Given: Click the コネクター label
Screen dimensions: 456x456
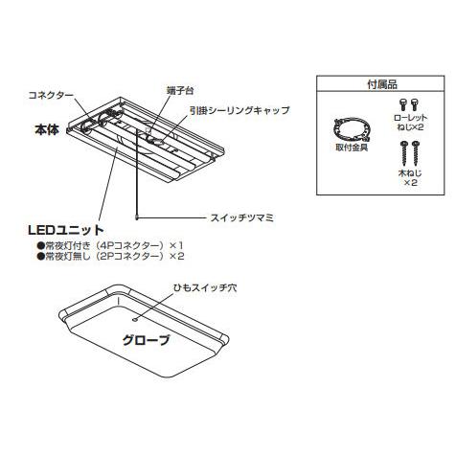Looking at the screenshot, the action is [51, 95].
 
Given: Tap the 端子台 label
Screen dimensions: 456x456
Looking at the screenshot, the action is [180, 91].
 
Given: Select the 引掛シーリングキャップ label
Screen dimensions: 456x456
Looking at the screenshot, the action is [239, 110].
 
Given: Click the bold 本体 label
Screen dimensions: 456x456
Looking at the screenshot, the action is [47, 130].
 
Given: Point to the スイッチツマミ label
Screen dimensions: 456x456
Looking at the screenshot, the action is [242, 218].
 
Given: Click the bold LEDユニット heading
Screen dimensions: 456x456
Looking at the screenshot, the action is [66, 230].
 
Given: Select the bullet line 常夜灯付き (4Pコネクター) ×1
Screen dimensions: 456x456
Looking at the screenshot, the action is [110, 246].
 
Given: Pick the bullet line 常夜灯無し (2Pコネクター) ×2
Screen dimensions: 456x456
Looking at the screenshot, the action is [110, 257].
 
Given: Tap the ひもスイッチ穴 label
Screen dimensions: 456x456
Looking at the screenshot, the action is [205, 288].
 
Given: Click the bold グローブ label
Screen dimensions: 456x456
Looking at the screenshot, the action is [146, 340].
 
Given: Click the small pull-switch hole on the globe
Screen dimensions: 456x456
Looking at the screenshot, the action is [135, 319].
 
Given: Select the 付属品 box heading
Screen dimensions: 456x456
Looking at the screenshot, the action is [382, 84].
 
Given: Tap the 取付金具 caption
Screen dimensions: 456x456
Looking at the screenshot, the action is [352, 148].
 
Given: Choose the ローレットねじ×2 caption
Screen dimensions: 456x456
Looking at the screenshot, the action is [410, 123].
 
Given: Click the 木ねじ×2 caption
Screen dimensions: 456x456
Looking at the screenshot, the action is [410, 178].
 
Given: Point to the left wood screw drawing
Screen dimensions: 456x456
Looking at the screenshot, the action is [404, 153].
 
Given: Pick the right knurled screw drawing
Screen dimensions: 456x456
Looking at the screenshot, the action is [415, 105].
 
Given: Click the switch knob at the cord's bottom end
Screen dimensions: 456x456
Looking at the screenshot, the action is [137, 217].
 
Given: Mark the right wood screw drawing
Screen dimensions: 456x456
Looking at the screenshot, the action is [415, 153].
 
